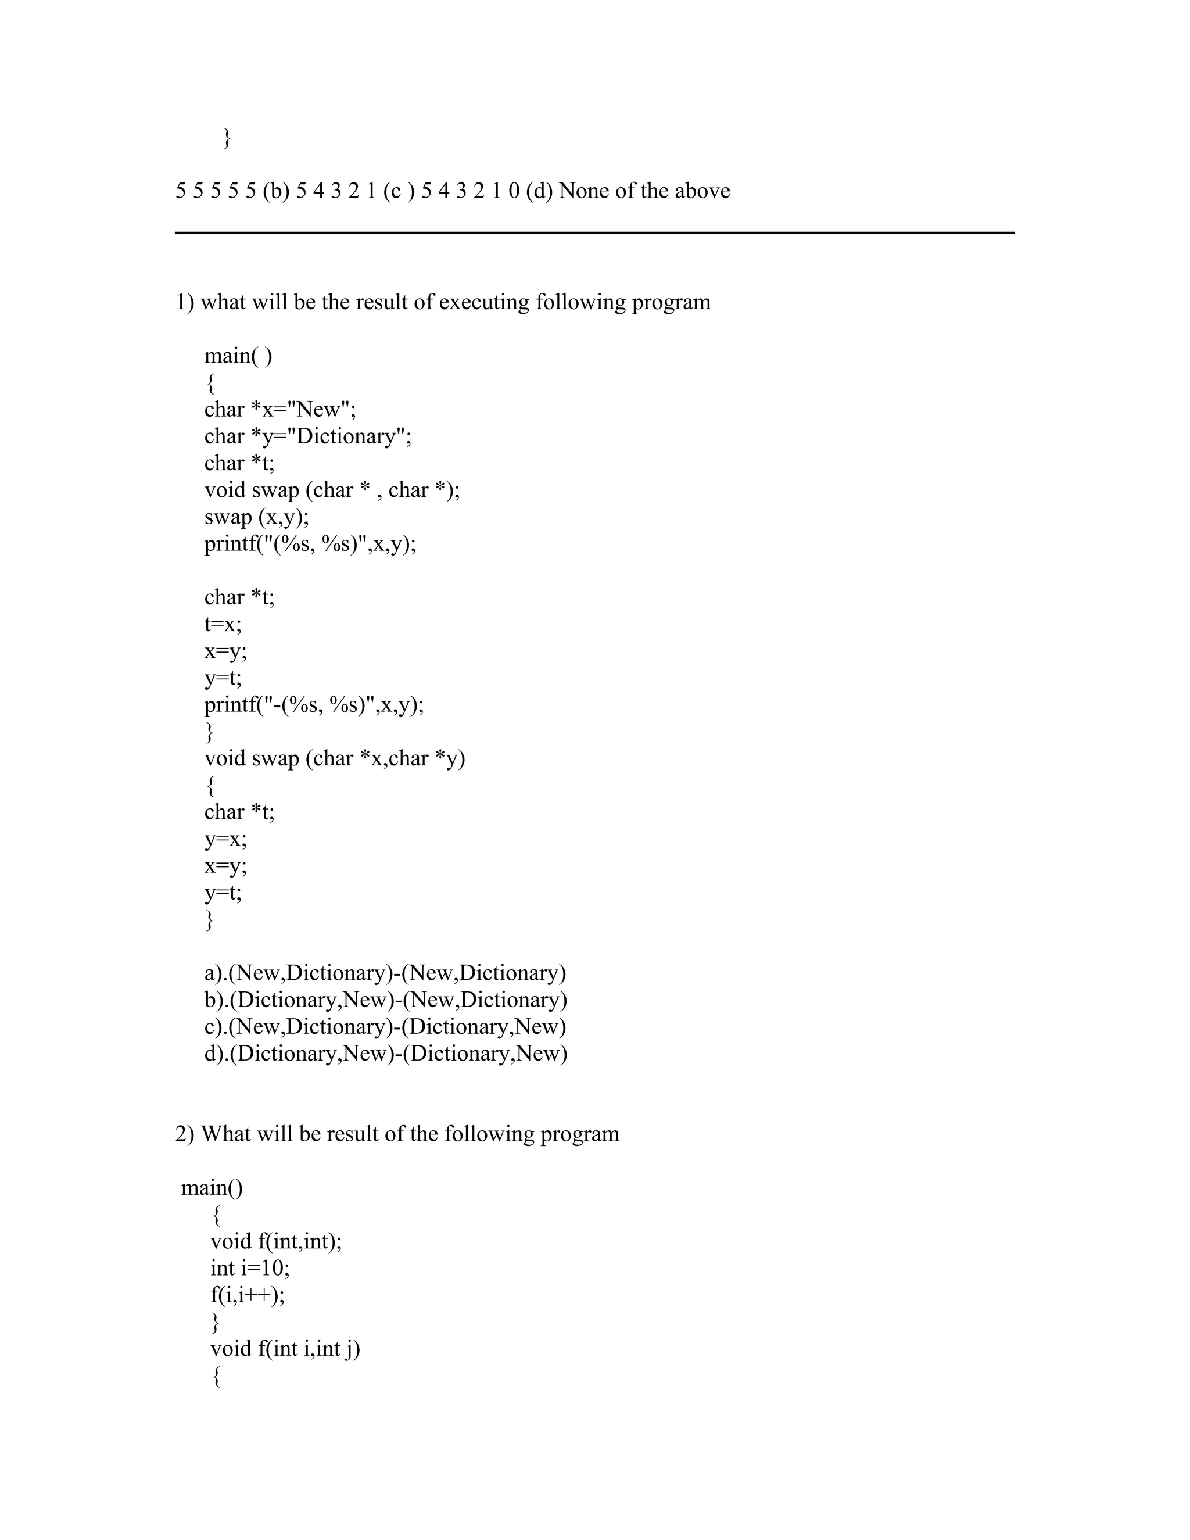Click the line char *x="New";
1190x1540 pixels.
pyautogui.click(x=280, y=410)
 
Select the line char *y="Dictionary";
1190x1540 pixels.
pyautogui.click(x=307, y=436)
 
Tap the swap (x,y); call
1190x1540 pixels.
pyautogui.click(x=257, y=517)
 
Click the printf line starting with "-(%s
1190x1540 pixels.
pyautogui.click(x=314, y=705)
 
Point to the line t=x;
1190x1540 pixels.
pyautogui.click(x=223, y=625)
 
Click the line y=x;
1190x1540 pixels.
pyautogui.click(x=225, y=839)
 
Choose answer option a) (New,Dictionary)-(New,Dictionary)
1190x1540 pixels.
pyautogui.click(x=385, y=973)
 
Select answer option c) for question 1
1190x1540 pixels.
pyautogui.click(x=385, y=1027)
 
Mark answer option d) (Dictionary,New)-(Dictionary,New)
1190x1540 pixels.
pyautogui.click(x=386, y=1054)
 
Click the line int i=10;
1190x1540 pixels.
pyautogui.click(x=249, y=1268)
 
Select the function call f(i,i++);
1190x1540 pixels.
pyautogui.click(x=248, y=1295)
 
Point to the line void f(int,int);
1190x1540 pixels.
pyautogui.click(x=275, y=1241)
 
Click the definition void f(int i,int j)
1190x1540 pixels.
pyautogui.click(x=285, y=1348)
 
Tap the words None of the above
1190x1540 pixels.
pyautogui.click(x=644, y=191)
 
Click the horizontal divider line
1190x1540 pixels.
pyautogui.click(x=594, y=232)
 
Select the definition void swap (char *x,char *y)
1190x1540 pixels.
pyautogui.click(x=334, y=759)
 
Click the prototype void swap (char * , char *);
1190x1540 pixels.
pyautogui.click(x=331, y=490)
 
